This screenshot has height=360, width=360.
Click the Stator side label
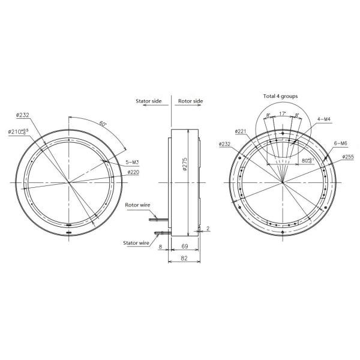click(x=148, y=102)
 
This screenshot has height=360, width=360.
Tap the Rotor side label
click(x=191, y=102)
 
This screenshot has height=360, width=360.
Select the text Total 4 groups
click(x=280, y=96)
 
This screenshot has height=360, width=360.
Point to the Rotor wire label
click(x=137, y=205)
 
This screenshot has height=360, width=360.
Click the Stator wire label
click(x=137, y=244)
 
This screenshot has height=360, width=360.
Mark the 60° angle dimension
click(x=104, y=124)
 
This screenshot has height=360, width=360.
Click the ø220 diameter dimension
click(x=133, y=172)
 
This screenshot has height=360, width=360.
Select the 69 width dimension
click(x=185, y=247)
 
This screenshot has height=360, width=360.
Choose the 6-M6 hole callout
click(x=340, y=143)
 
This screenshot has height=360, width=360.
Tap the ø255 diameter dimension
click(x=349, y=157)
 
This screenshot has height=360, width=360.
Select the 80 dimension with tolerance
click(x=307, y=161)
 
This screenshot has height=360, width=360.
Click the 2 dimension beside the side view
click(x=208, y=229)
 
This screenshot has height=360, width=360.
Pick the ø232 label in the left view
click(x=23, y=115)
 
